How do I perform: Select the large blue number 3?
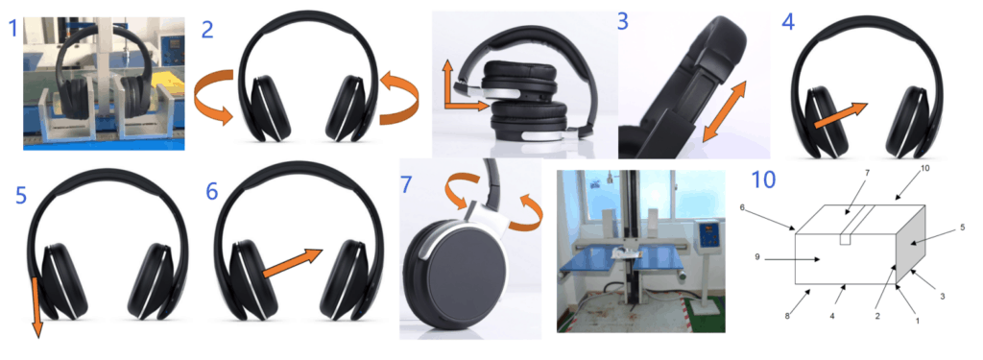(622, 21)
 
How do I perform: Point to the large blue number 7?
(407, 183)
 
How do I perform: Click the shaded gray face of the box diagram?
(911, 243)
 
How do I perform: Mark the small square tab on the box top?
(845, 238)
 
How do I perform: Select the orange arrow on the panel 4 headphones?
(839, 116)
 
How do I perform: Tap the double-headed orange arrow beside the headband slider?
(724, 110)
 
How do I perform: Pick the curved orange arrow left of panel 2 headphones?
(215, 97)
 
